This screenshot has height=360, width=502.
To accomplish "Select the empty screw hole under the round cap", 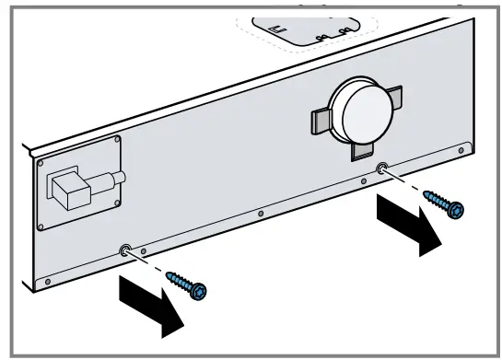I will pyautogui.click(x=381, y=168).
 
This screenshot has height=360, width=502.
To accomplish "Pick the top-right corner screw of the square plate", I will pyautogui.click(x=116, y=142).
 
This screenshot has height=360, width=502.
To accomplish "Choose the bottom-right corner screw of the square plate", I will pyautogui.click(x=117, y=202).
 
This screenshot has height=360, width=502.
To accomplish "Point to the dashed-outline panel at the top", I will pyautogui.click(x=304, y=28).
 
